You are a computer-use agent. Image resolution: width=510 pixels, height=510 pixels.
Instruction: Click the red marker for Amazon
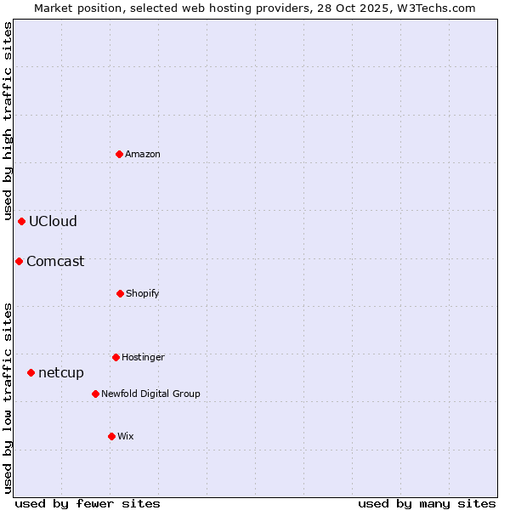119,154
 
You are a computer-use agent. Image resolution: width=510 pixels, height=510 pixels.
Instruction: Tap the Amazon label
143,154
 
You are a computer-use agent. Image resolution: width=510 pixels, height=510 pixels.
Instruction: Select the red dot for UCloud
21,221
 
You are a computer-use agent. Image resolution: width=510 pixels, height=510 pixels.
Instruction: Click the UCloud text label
53,222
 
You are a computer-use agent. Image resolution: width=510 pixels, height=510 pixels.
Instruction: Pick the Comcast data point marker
19,261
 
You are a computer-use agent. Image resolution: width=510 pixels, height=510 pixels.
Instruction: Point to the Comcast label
55,262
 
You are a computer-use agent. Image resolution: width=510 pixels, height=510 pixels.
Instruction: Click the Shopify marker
120,293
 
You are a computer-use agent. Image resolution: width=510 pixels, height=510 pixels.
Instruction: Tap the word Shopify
143,294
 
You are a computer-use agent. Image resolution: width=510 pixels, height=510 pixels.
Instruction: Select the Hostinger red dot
116,357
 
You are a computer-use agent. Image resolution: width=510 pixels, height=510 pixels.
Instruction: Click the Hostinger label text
143,358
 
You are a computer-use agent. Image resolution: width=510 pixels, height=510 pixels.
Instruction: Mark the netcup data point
31,372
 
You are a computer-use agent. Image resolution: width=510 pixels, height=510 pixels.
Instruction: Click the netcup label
61,373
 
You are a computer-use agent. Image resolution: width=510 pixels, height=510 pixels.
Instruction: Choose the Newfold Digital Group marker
95,394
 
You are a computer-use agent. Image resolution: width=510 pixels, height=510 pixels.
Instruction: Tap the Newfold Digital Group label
150,394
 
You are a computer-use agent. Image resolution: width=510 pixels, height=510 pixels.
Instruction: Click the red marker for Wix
111,436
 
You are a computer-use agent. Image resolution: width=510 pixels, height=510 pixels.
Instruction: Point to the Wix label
126,437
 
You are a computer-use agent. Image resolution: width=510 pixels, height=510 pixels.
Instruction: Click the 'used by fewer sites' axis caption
88,503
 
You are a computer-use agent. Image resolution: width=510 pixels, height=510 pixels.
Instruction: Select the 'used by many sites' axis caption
427,503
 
